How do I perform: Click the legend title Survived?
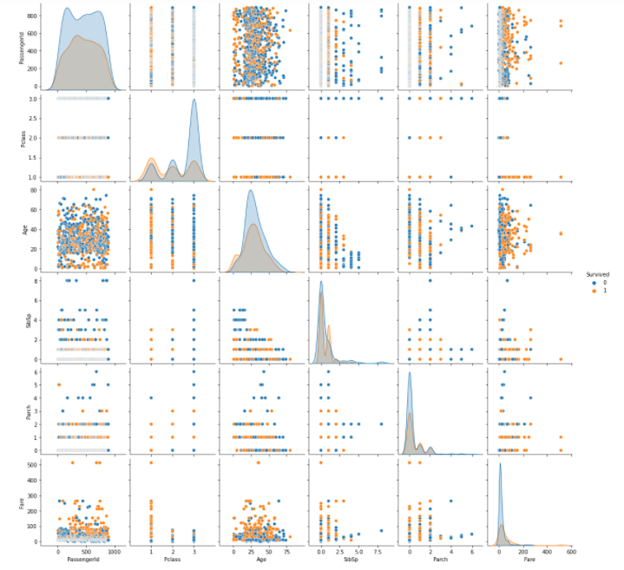tap(597, 273)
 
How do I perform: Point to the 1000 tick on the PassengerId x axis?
tap(115, 552)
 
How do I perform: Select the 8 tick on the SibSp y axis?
tap(41, 280)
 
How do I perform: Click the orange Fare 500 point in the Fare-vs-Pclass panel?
tap(151, 463)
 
